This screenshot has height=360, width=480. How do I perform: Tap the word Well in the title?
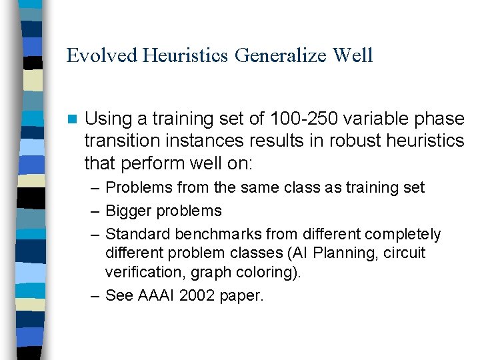353,55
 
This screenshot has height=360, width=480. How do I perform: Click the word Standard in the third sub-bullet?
137,234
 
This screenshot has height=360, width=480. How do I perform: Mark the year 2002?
200,295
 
